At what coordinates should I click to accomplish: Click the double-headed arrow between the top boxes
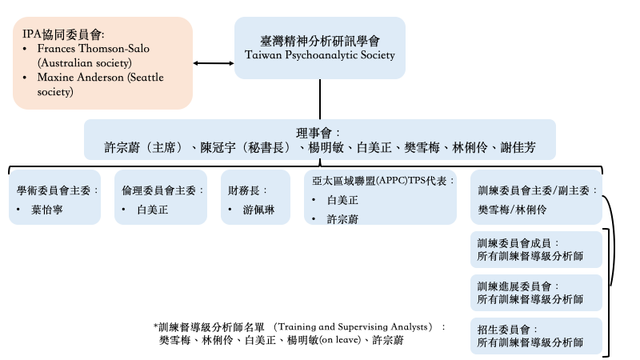[214, 63]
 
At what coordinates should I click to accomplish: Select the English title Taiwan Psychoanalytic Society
[320, 55]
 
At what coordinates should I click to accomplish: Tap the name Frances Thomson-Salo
[94, 49]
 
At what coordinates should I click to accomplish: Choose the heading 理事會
[314, 133]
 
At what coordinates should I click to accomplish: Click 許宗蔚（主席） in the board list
[144, 147]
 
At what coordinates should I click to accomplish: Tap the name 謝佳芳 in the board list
[518, 147]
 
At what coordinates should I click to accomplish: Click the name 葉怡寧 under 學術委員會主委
[47, 210]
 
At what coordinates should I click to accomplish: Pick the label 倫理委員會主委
[158, 190]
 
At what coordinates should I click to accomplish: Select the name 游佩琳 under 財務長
[258, 210]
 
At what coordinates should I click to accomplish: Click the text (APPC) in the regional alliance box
[392, 181]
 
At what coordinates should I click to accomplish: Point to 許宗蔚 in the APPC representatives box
[342, 219]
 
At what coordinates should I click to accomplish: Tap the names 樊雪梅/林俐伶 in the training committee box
[512, 210]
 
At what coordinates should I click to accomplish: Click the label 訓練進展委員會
[514, 286]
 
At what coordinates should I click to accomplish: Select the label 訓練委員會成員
[514, 243]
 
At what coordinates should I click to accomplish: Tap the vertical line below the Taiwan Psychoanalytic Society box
[319, 99]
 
